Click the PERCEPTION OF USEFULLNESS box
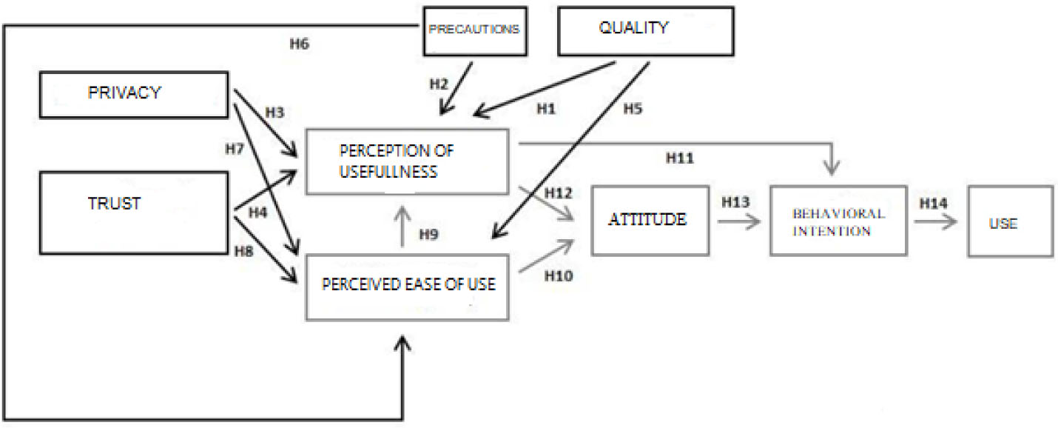pos(406,161)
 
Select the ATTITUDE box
pos(650,220)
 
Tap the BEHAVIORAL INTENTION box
pos(838,221)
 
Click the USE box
pos(1009,221)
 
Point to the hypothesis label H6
pos(299,44)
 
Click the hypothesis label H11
pos(681,158)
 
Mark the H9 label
pos(430,235)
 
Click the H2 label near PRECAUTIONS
pos(439,83)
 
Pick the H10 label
pos(559,275)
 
